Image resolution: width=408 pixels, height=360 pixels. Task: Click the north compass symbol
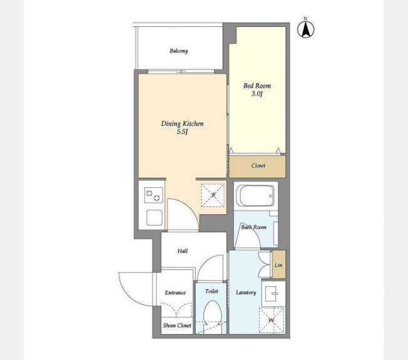pyautogui.click(x=306, y=29)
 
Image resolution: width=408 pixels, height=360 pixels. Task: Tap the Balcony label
pyautogui.click(x=179, y=51)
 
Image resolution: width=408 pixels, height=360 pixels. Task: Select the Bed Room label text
pyautogui.click(x=257, y=86)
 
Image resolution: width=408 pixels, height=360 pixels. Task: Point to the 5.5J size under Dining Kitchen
pyautogui.click(x=182, y=132)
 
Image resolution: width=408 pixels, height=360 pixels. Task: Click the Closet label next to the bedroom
pyautogui.click(x=258, y=165)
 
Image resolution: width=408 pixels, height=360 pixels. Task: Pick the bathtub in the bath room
pyautogui.click(x=256, y=196)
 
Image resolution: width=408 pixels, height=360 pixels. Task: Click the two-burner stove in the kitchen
pyautogui.click(x=153, y=195)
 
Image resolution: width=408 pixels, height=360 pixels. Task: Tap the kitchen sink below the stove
pyautogui.click(x=155, y=218)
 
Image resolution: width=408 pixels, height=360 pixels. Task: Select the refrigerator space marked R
pyautogui.click(x=213, y=195)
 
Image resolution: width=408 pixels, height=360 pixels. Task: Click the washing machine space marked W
pyautogui.click(x=272, y=320)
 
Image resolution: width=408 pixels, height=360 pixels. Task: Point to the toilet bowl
pyautogui.click(x=212, y=314)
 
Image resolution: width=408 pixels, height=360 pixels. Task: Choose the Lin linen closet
pyautogui.click(x=278, y=265)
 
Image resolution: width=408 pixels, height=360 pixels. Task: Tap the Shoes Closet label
pyautogui.click(x=177, y=326)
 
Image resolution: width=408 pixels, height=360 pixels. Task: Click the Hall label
pyautogui.click(x=182, y=251)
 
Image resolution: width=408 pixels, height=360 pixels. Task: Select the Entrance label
pyautogui.click(x=175, y=292)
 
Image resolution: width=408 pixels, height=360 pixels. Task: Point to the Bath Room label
pyautogui.click(x=253, y=227)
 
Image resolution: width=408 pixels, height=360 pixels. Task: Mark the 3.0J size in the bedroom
pyautogui.click(x=257, y=94)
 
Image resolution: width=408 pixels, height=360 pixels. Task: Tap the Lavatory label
pyautogui.click(x=246, y=292)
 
